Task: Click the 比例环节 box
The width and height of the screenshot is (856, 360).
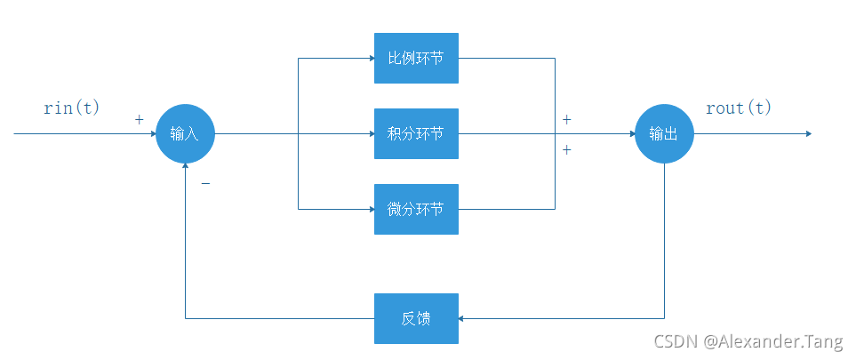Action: tap(416, 58)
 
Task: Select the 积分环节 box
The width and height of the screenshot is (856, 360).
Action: tap(416, 134)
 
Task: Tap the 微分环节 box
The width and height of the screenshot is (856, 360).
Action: tap(416, 210)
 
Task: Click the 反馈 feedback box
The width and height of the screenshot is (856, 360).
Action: tap(416, 318)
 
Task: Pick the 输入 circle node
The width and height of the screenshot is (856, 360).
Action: tap(185, 134)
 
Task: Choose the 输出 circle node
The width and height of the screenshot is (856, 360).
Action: tap(664, 134)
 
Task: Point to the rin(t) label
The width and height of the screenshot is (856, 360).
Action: tap(72, 108)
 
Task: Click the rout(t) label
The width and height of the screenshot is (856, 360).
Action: tap(739, 108)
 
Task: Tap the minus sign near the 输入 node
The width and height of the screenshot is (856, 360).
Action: tap(205, 184)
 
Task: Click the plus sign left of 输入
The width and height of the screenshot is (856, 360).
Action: tap(139, 119)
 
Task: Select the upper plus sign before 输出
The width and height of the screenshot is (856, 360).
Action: tap(566, 119)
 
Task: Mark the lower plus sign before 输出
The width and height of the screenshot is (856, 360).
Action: tap(566, 150)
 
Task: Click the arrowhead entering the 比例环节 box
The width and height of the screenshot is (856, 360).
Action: tap(370, 58)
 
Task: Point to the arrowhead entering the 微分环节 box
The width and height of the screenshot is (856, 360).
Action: tap(370, 210)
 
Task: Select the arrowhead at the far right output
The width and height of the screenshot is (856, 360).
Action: tap(807, 134)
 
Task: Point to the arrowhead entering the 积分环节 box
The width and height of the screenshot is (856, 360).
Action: tap(370, 134)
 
